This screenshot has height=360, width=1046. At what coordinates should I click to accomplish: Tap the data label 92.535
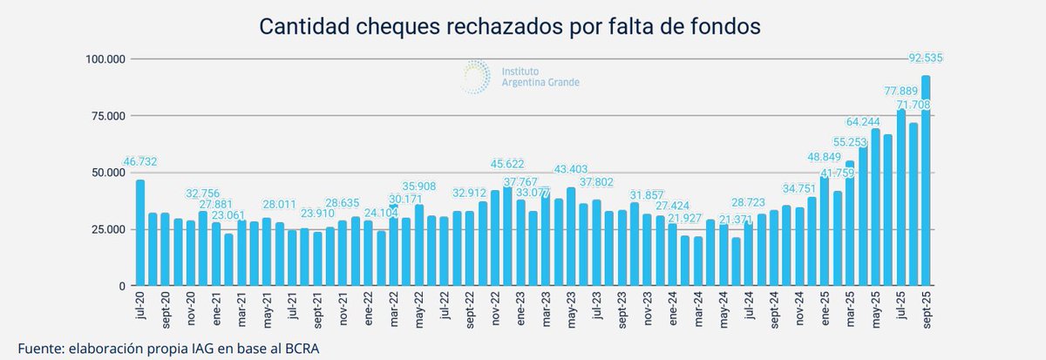pos(926,58)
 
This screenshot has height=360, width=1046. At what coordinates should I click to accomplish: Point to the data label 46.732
pos(140,163)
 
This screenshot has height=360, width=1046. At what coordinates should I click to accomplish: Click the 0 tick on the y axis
pos(123,286)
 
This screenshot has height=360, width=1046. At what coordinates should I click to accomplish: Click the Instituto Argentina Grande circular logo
pos(475,76)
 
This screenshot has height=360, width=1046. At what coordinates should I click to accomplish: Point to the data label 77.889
pos(901,91)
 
